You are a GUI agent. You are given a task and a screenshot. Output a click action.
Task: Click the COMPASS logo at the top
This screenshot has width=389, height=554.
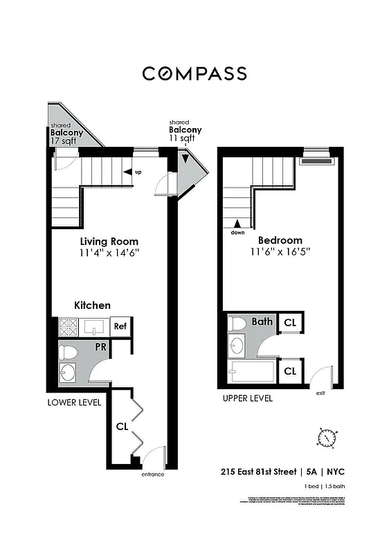coord(194,73)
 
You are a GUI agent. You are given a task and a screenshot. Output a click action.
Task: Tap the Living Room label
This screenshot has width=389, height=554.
coord(109,242)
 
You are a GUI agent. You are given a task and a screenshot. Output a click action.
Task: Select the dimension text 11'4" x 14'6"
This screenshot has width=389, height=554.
coord(109,253)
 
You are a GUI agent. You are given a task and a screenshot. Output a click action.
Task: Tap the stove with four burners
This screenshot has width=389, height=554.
coord(68,327)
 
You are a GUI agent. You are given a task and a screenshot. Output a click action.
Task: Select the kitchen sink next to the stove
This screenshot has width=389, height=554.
coord(93,326)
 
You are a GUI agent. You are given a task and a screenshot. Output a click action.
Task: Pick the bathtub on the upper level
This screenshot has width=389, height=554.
coord(251,372)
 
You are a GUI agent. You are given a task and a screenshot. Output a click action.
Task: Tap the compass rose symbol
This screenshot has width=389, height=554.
coord(327,438)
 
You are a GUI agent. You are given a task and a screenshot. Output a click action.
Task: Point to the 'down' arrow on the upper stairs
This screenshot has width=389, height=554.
coord(237,224)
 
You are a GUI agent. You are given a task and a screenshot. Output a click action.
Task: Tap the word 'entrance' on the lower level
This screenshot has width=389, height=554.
coord(153,474)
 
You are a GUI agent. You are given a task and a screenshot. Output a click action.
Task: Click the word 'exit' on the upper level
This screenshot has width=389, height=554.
coord(320,393)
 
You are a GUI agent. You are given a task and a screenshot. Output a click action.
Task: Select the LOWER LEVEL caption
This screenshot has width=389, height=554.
coord(74,402)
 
